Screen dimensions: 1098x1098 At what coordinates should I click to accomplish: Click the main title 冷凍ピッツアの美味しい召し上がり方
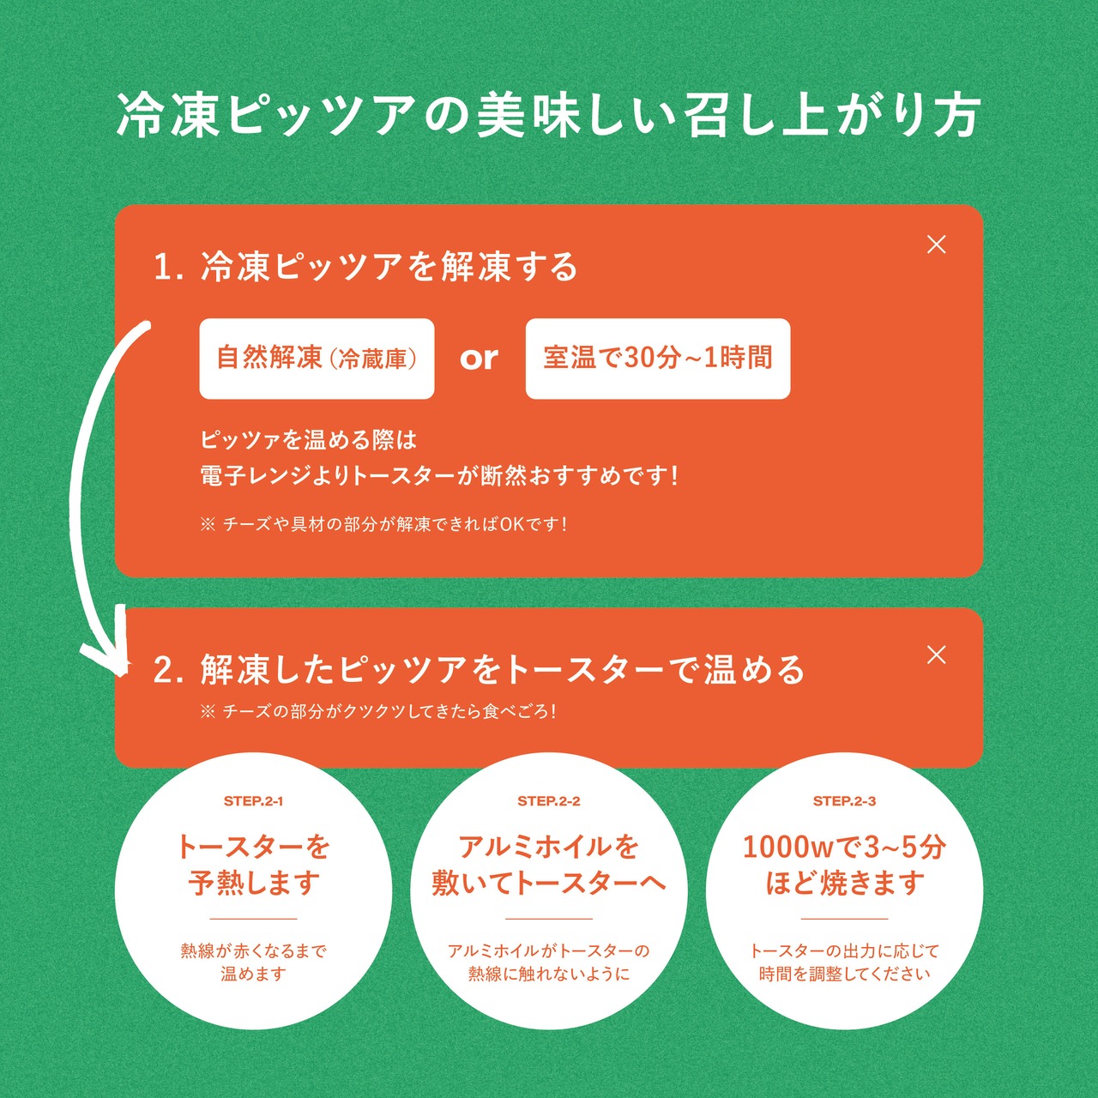[549, 115]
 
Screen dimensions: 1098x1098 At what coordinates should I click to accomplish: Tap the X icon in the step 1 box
[937, 244]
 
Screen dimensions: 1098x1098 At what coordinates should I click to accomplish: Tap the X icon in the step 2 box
[937, 655]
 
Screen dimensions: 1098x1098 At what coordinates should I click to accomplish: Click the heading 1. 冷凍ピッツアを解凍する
[365, 267]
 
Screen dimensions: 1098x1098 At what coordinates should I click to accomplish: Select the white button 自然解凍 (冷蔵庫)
[317, 359]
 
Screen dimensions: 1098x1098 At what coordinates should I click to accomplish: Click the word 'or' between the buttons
[479, 359]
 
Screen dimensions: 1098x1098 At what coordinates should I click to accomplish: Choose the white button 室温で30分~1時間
[657, 359]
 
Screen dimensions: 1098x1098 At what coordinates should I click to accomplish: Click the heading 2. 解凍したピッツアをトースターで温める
[479, 670]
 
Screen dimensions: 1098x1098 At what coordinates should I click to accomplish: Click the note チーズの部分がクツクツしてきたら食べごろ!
[378, 711]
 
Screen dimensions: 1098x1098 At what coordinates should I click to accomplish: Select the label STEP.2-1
[253, 801]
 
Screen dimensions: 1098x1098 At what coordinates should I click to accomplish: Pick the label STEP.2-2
[549, 801]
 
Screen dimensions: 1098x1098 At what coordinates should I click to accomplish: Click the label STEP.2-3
[844, 801]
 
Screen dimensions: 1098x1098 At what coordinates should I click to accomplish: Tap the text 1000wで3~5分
[844, 848]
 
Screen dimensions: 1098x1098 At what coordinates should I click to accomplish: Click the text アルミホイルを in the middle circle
[549, 848]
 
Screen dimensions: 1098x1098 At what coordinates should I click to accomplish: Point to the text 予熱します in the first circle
[254, 883]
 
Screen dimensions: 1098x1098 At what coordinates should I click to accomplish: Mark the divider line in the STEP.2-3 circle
[844, 919]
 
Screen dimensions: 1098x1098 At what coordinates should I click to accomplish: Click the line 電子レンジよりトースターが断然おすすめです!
[439, 475]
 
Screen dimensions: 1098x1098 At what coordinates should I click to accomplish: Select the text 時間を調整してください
[844, 974]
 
